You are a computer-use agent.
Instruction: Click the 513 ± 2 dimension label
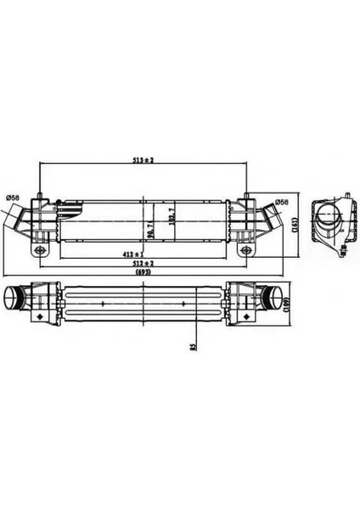142,160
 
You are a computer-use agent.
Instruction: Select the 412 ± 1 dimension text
132,254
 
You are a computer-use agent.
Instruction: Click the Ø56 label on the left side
13,199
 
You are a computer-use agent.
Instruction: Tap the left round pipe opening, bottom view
10,299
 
